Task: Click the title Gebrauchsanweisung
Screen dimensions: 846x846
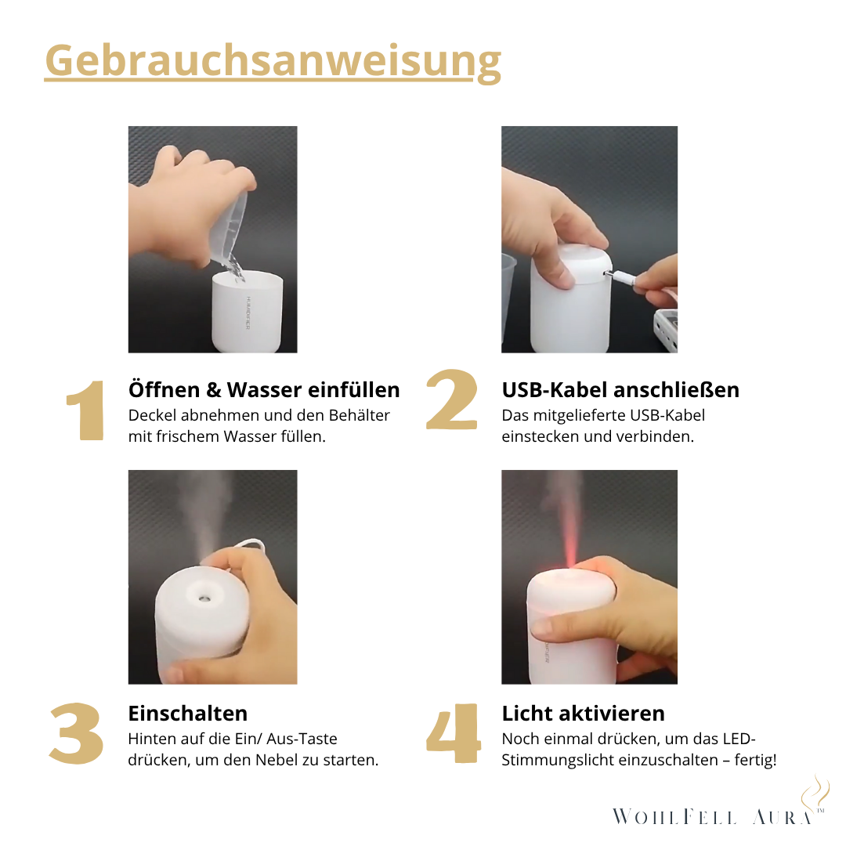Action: [273, 61]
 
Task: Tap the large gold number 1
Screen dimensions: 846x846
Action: [85, 411]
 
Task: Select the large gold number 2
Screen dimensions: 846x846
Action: [451, 400]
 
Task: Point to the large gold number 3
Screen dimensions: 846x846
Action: [77, 734]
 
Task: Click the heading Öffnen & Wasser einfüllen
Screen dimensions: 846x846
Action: [264, 390]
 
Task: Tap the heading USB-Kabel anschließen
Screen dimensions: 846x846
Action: [620, 390]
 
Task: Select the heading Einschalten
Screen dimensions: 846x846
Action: [188, 714]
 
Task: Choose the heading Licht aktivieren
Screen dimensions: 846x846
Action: [584, 714]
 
